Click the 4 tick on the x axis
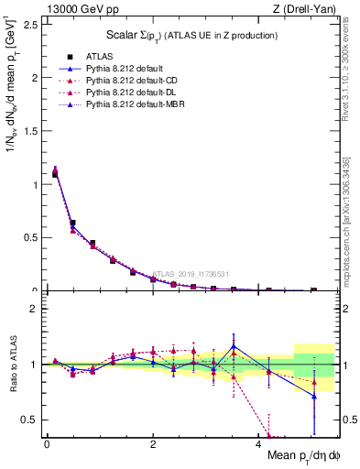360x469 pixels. pos(258,444)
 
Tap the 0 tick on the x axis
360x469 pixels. pos(47,444)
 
